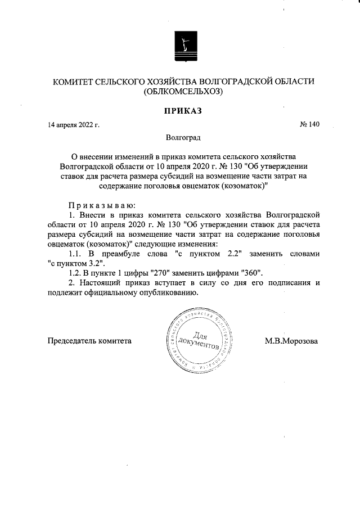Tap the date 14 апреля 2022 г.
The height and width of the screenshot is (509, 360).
[x=73, y=125]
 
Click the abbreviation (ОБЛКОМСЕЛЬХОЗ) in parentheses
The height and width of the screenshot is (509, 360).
[x=183, y=92]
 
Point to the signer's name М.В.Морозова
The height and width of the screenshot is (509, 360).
[x=291, y=341]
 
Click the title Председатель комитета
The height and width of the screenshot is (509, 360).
[x=90, y=341]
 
